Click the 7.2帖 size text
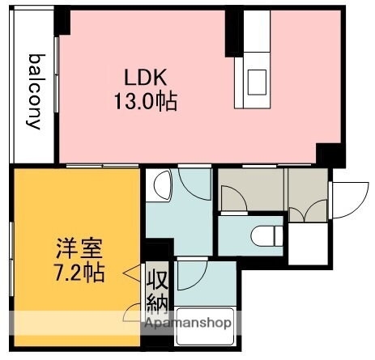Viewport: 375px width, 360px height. [x=79, y=273]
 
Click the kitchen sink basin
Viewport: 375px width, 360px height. [x=257, y=81]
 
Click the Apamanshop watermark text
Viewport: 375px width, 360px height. [x=188, y=324]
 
